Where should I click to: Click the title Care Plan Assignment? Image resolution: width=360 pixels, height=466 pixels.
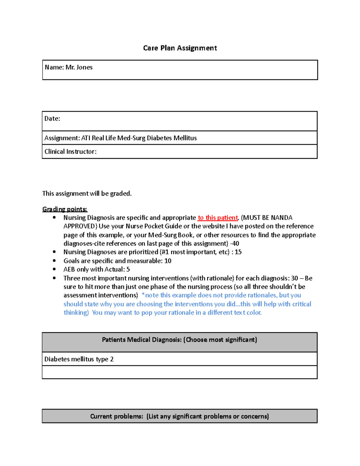pos(180,48)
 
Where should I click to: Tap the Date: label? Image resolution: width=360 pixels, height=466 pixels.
pos(52,119)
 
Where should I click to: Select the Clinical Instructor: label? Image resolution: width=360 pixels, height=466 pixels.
pos(70,152)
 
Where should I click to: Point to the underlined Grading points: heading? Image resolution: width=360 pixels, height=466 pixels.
pos(65,209)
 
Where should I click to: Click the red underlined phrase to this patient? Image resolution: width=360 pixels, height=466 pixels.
pos(218,218)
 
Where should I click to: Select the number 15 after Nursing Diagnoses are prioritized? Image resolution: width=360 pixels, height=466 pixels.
pos(238,252)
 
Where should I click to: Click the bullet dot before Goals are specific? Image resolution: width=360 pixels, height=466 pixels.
pos(54,261)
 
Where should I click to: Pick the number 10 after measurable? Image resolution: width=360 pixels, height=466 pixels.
pos(168,261)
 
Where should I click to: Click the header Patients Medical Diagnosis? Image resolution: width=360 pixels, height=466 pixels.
pos(179,340)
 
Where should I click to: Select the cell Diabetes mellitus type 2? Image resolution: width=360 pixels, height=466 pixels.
pos(79,359)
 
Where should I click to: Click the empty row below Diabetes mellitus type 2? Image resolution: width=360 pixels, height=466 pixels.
pos(179,372)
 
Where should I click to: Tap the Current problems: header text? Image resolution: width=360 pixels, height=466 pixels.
pos(179,416)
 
